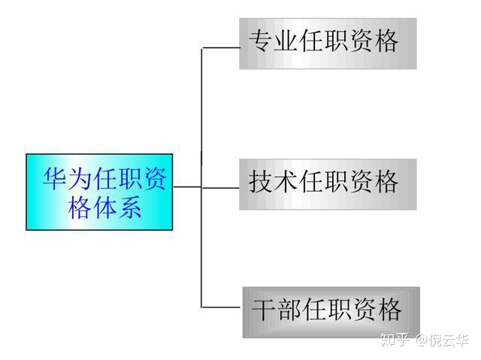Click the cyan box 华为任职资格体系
[x=99, y=192]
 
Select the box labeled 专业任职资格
[x=328, y=44]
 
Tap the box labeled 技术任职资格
[x=328, y=183]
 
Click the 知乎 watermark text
[x=395, y=340]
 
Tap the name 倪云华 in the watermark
[x=449, y=340]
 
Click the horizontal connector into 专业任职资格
[x=220, y=47]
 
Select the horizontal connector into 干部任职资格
[x=222, y=307]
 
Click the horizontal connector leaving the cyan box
[x=187, y=186]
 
